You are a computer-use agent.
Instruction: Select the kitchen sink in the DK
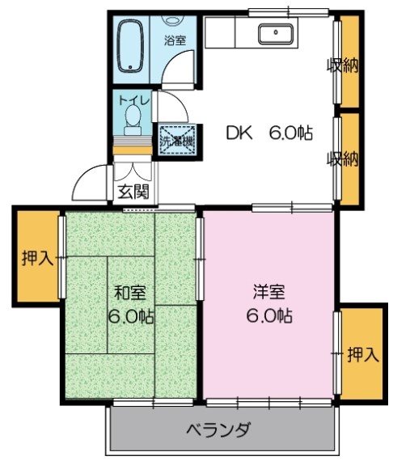[276, 34]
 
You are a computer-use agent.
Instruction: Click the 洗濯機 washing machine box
[176, 139]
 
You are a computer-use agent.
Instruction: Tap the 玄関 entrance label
[133, 192]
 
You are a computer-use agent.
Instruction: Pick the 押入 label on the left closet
[36, 258]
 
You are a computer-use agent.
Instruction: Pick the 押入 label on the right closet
[362, 353]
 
